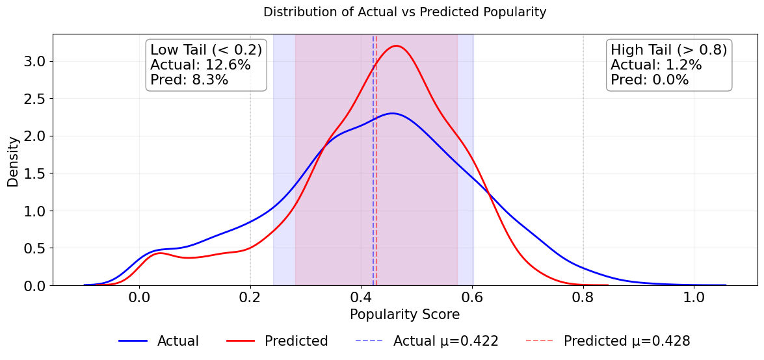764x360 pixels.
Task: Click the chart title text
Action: [x=404, y=12]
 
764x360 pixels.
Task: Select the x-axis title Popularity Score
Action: [x=404, y=315]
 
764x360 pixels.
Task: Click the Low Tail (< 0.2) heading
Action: [x=206, y=50]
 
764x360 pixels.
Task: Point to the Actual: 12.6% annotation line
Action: [x=200, y=65]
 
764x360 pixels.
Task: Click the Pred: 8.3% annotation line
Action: [x=189, y=80]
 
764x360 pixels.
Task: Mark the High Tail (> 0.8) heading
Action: [x=668, y=50]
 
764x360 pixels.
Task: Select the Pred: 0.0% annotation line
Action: [x=649, y=80]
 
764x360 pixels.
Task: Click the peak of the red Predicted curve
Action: [x=396, y=45]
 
